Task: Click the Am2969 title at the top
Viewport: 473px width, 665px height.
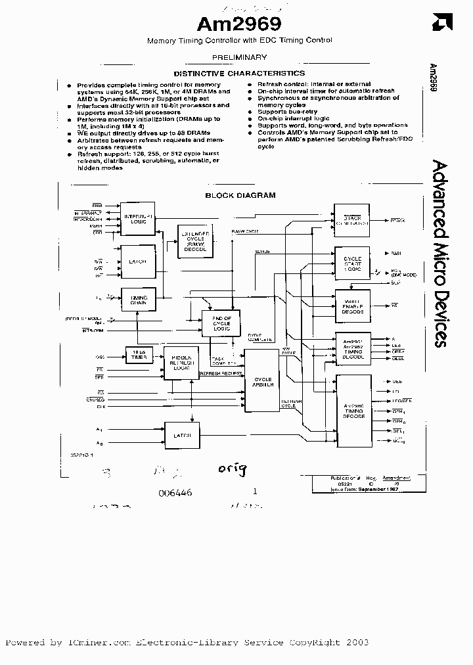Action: pos(239,24)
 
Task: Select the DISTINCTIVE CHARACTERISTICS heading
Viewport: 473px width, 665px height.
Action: pos(238,73)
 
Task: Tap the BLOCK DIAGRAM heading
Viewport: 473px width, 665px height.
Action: pos(240,195)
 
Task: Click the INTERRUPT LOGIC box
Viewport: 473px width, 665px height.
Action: pos(137,219)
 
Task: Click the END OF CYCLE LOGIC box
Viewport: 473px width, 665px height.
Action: pos(221,322)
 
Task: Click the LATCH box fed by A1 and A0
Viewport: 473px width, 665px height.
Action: pos(182,435)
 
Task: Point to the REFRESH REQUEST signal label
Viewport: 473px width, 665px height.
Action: pos(221,373)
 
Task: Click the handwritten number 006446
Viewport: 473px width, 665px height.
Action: pos(175,492)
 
